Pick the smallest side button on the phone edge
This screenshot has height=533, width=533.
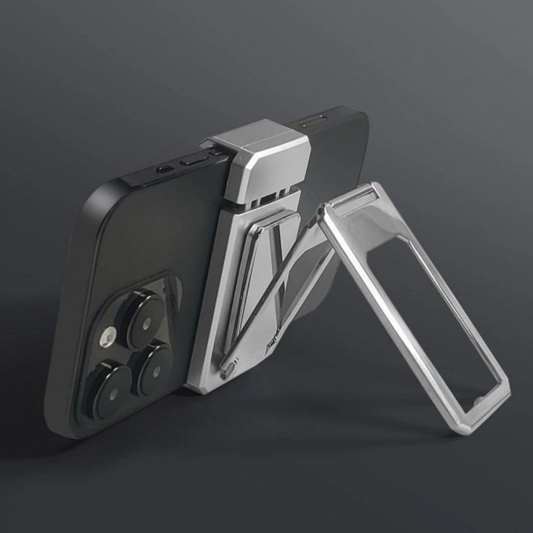[164, 168]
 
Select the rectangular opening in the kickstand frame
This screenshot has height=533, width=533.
[442, 320]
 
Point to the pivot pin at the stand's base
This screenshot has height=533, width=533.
[226, 371]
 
